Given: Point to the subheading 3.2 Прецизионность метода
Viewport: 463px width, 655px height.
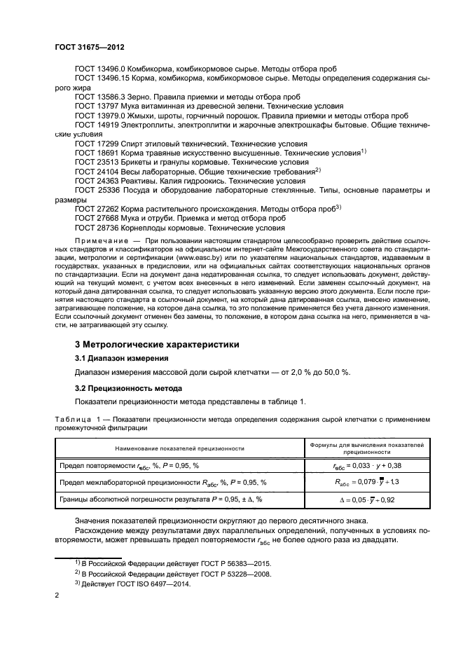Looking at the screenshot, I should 128,388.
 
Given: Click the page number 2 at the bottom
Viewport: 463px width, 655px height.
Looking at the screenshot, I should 57,596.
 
